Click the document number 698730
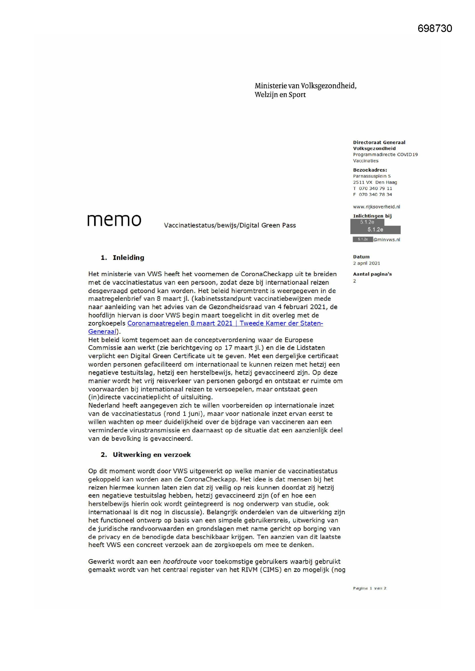(435, 28)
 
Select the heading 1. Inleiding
(123, 257)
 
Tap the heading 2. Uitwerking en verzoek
(146, 454)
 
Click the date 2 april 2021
(366, 263)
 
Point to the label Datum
(361, 257)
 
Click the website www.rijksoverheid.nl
(376, 207)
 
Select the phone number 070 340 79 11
(375, 188)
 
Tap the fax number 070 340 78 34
(375, 194)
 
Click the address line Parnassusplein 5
(372, 176)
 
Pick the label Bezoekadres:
(370, 170)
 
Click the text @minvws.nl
(386, 239)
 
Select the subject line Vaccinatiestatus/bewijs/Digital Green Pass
(230, 225)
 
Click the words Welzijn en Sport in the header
(280, 95)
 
